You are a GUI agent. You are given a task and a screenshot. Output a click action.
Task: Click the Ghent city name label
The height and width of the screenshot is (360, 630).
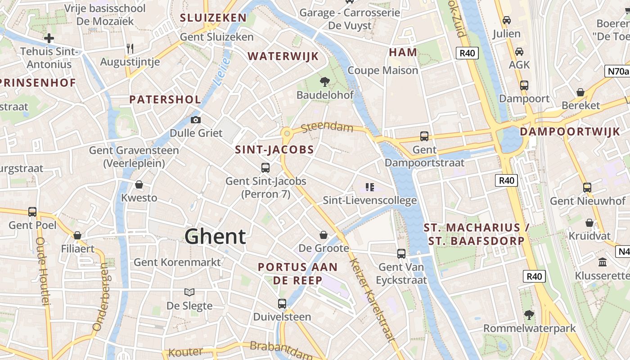point(215,237)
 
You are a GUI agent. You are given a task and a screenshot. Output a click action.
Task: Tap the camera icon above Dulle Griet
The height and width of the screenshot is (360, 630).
point(195,120)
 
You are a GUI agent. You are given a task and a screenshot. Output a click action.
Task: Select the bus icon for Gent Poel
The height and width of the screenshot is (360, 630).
point(32,211)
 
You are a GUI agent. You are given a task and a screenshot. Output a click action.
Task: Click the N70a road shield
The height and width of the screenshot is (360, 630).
point(616,71)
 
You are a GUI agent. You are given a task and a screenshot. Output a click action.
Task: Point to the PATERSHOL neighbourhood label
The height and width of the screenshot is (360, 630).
point(165,99)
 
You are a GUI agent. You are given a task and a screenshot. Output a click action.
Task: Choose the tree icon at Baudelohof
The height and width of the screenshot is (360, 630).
point(324,81)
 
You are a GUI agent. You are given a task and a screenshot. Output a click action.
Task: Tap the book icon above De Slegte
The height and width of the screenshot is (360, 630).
point(189,292)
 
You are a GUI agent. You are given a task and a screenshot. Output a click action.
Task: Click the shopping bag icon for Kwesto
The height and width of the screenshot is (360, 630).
point(139,184)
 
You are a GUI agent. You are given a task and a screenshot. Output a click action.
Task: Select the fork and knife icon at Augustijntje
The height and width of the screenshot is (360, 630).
point(130,49)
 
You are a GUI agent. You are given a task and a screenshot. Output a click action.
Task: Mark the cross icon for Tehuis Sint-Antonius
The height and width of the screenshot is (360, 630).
point(49,38)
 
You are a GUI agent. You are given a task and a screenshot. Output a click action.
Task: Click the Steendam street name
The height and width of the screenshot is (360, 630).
point(327,127)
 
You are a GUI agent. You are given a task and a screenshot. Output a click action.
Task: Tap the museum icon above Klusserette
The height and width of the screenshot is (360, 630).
point(602,261)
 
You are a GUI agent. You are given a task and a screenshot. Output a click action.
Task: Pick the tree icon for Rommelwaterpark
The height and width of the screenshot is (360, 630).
point(529,315)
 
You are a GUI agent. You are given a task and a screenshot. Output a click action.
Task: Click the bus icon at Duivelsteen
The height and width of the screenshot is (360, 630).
point(282,303)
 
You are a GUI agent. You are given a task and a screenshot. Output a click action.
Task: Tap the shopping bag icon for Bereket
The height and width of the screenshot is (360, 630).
point(580,92)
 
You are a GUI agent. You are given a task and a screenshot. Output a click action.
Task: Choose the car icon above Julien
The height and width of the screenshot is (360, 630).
point(507,20)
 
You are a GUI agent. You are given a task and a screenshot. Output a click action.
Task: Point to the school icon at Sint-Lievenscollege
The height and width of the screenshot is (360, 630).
point(370,187)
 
